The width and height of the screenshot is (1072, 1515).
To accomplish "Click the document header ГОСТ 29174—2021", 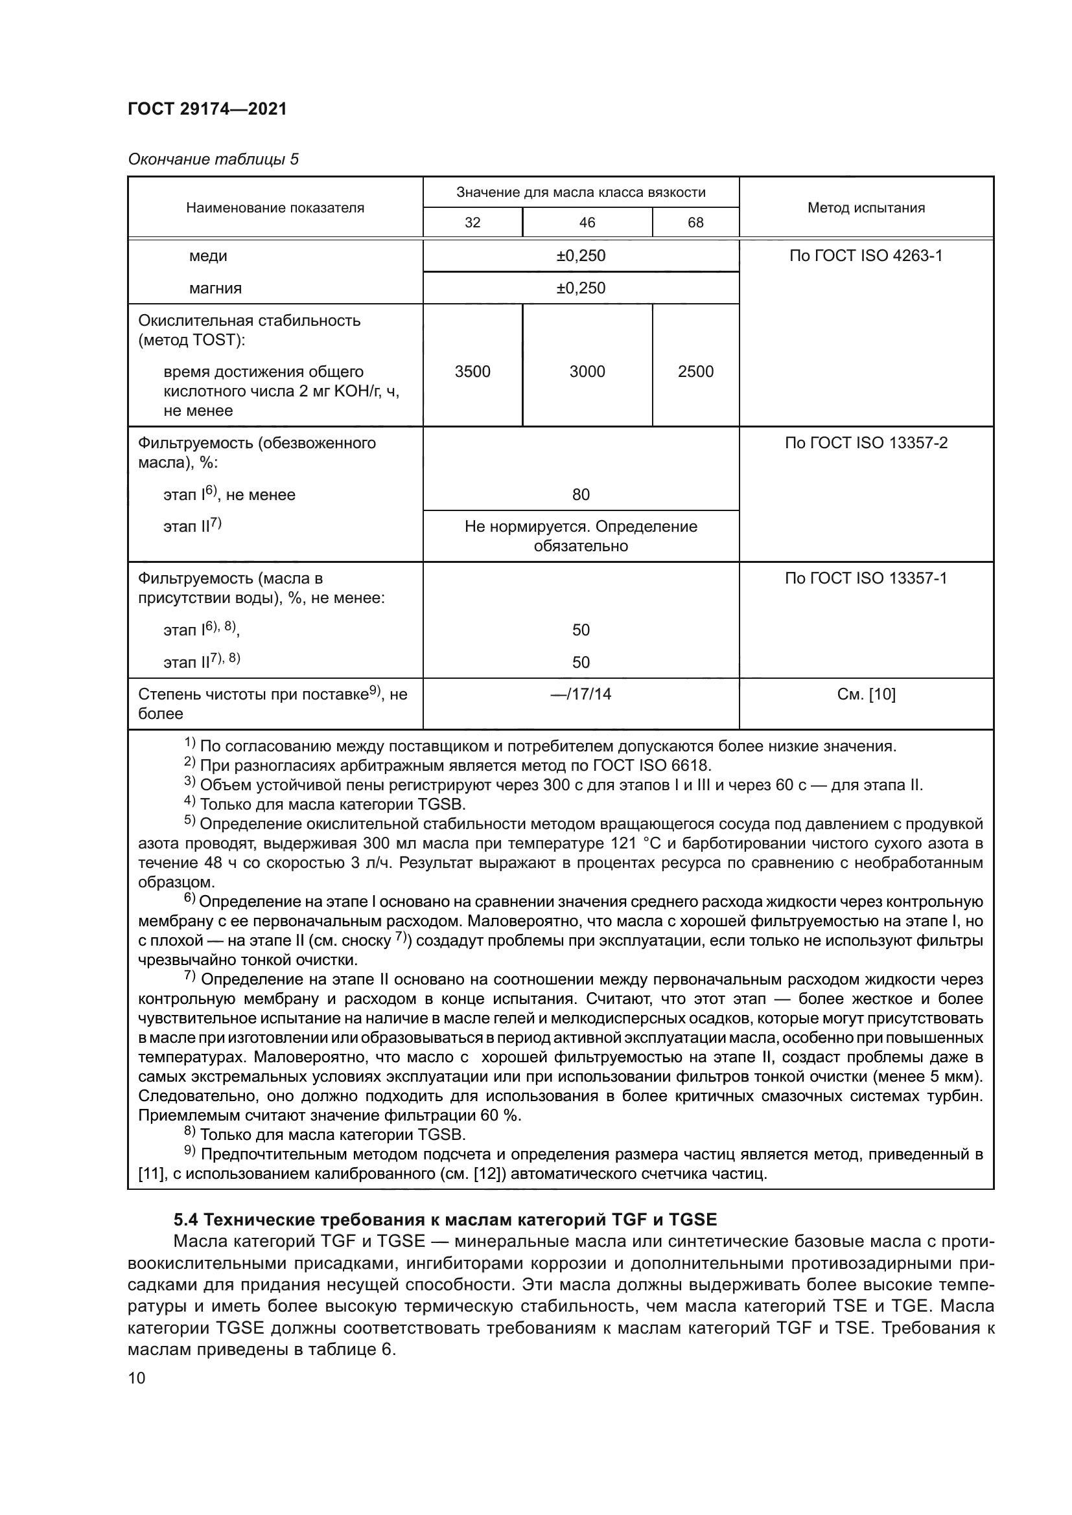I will tap(207, 109).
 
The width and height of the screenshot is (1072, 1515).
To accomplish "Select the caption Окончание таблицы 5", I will tap(213, 159).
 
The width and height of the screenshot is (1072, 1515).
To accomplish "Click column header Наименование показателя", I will tap(275, 208).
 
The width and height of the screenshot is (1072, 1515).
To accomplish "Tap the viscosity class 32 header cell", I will tap(472, 222).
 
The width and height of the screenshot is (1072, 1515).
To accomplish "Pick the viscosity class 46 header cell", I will tap(587, 222).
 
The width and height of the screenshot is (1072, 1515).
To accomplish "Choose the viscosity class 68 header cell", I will tap(695, 222).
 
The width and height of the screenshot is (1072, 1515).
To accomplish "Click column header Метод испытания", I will tap(865, 208).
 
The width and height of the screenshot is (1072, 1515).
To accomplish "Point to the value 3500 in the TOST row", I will tap(472, 372).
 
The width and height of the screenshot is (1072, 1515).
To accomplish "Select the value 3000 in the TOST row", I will tap(587, 372).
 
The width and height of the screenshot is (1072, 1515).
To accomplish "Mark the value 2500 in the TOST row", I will tap(695, 372).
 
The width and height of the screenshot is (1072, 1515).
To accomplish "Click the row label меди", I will tap(208, 256).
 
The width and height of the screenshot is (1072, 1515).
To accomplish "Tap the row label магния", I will tap(215, 288).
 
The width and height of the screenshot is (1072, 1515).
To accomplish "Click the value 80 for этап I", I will tap(580, 495).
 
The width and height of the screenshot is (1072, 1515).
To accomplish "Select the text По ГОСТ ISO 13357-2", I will tap(865, 443).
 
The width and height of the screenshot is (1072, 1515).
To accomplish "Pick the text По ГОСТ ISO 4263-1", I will tap(865, 256).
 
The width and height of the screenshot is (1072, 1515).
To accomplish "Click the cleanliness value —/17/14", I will tap(580, 694).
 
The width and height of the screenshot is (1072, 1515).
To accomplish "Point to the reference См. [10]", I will tap(865, 694).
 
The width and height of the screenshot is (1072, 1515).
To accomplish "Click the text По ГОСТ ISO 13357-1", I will tap(865, 578).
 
